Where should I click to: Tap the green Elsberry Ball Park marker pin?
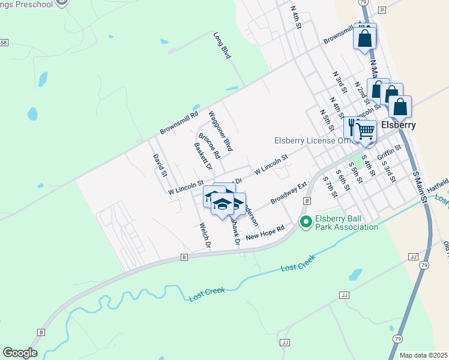click(x=306, y=222)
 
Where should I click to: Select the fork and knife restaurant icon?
click(x=353, y=128)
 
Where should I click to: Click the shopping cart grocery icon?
click(x=366, y=130)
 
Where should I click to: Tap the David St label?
click(x=159, y=166)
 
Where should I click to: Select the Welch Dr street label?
click(x=205, y=236)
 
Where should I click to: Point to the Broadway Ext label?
click(x=289, y=193)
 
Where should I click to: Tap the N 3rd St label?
click(x=340, y=82)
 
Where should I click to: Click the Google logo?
click(x=20, y=353)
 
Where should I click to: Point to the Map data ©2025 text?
click(x=424, y=355)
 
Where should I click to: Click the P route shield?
click(x=382, y=10)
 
